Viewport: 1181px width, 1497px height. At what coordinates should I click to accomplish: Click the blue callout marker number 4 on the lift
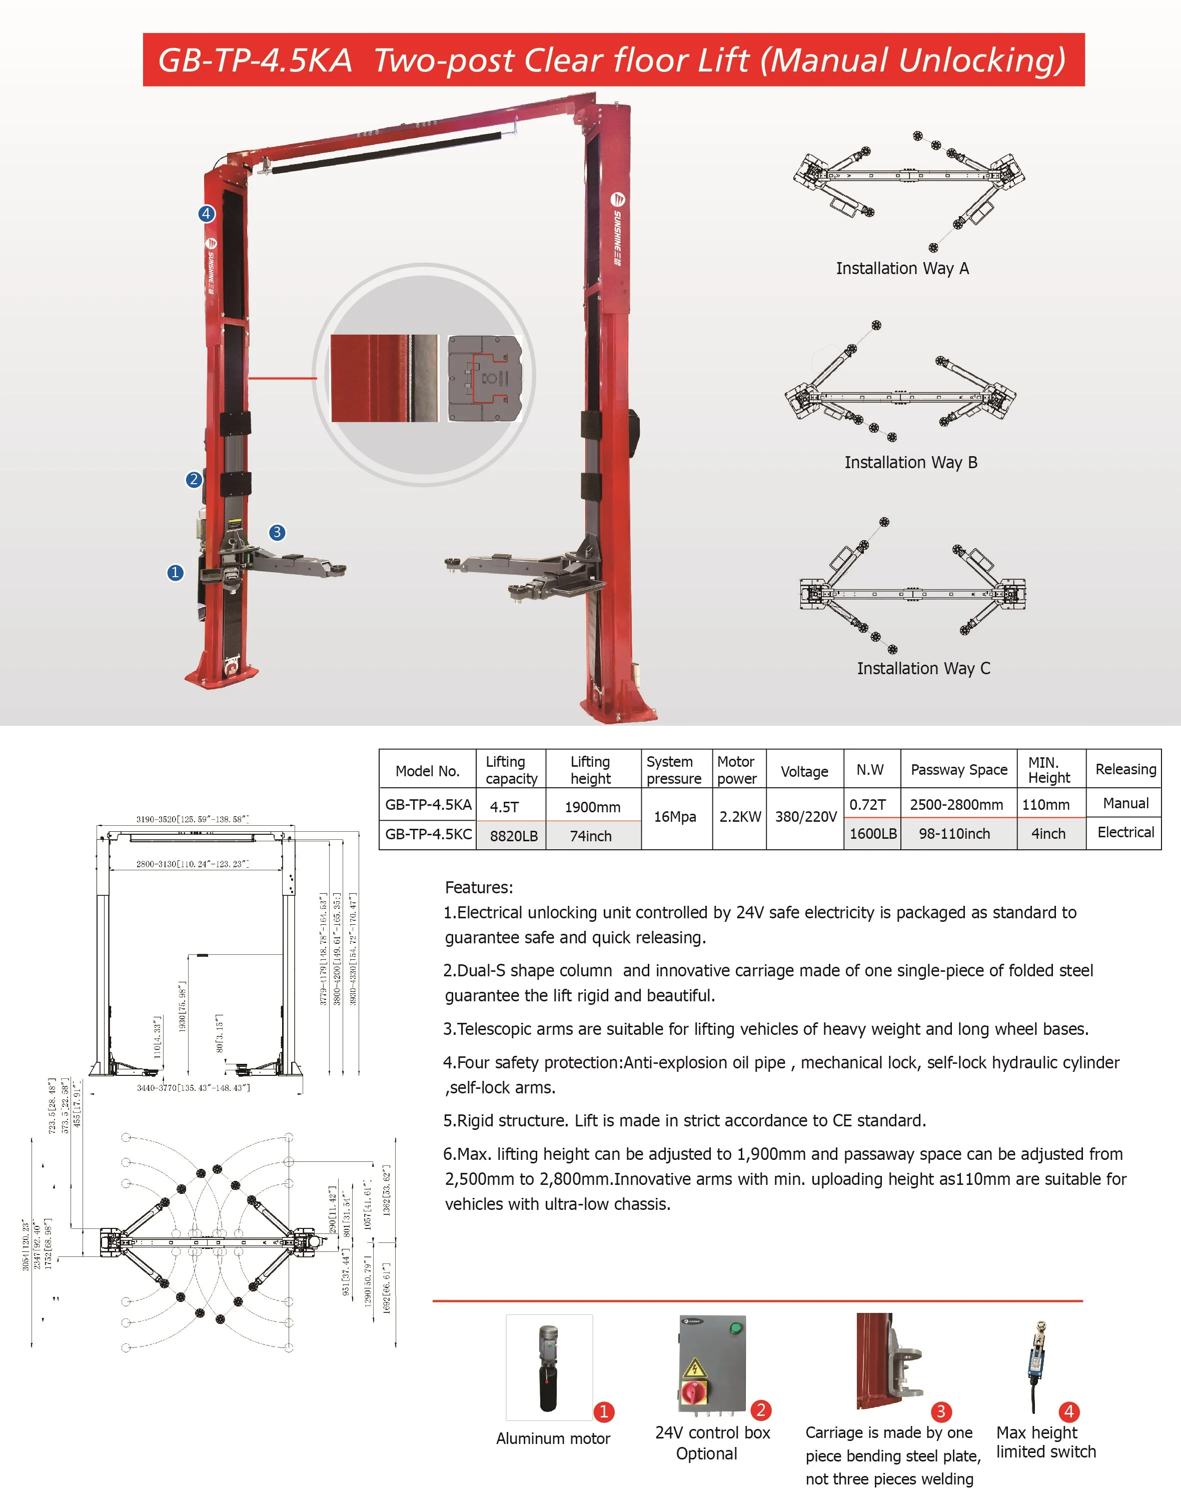tap(206, 214)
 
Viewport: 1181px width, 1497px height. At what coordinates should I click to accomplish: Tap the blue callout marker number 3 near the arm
tap(277, 532)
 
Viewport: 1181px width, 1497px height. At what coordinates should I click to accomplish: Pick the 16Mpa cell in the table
tap(675, 817)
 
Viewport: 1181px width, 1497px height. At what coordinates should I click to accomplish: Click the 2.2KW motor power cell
tap(739, 817)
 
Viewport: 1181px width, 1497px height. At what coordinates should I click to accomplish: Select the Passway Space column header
tap(958, 770)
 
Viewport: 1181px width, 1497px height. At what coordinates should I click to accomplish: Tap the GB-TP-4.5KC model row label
tap(428, 834)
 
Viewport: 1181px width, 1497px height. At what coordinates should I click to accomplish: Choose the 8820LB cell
tap(513, 836)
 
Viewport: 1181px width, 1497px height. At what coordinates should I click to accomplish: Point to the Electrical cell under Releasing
tap(1125, 832)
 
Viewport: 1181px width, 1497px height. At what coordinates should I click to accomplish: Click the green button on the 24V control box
tap(736, 1327)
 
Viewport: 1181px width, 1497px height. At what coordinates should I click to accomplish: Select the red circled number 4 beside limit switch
tap(1068, 1411)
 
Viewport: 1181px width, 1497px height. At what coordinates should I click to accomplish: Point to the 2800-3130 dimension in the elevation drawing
tap(192, 864)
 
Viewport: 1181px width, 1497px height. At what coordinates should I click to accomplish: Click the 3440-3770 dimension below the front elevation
tap(193, 1088)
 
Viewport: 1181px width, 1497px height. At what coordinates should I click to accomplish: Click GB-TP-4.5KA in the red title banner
tap(255, 60)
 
